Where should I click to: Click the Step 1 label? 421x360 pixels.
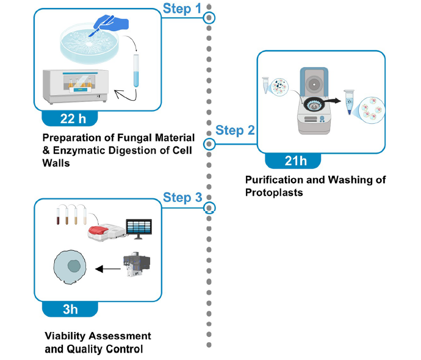[181, 9]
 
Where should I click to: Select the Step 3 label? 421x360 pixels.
[181, 197]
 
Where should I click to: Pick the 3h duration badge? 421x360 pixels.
[70, 309]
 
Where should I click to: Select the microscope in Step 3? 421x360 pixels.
[134, 265]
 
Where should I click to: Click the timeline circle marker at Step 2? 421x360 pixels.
[209, 145]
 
